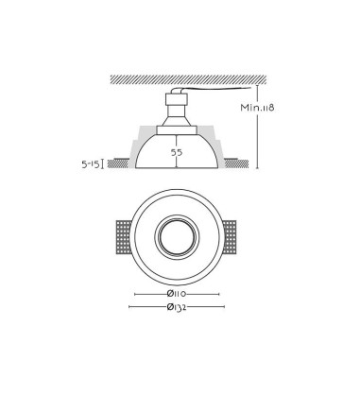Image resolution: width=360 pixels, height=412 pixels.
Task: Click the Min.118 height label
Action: pyautogui.click(x=257, y=108)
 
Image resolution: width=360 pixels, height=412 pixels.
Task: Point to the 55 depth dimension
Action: pyautogui.click(x=177, y=153)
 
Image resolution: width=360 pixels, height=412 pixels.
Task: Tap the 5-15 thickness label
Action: pyautogui.click(x=91, y=163)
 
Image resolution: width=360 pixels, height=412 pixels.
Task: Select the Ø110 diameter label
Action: pyautogui.click(x=177, y=294)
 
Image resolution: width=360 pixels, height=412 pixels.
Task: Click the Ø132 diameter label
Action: pyautogui.click(x=177, y=307)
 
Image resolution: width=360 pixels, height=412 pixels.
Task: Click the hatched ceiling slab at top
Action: pyautogui.click(x=188, y=79)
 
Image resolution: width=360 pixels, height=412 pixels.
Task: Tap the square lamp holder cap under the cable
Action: pyautogui.click(x=177, y=99)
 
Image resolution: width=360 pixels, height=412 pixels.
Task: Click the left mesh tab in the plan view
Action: pyautogui.click(x=124, y=237)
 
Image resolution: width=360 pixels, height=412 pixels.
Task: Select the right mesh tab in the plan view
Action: pyautogui.click(x=230, y=237)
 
